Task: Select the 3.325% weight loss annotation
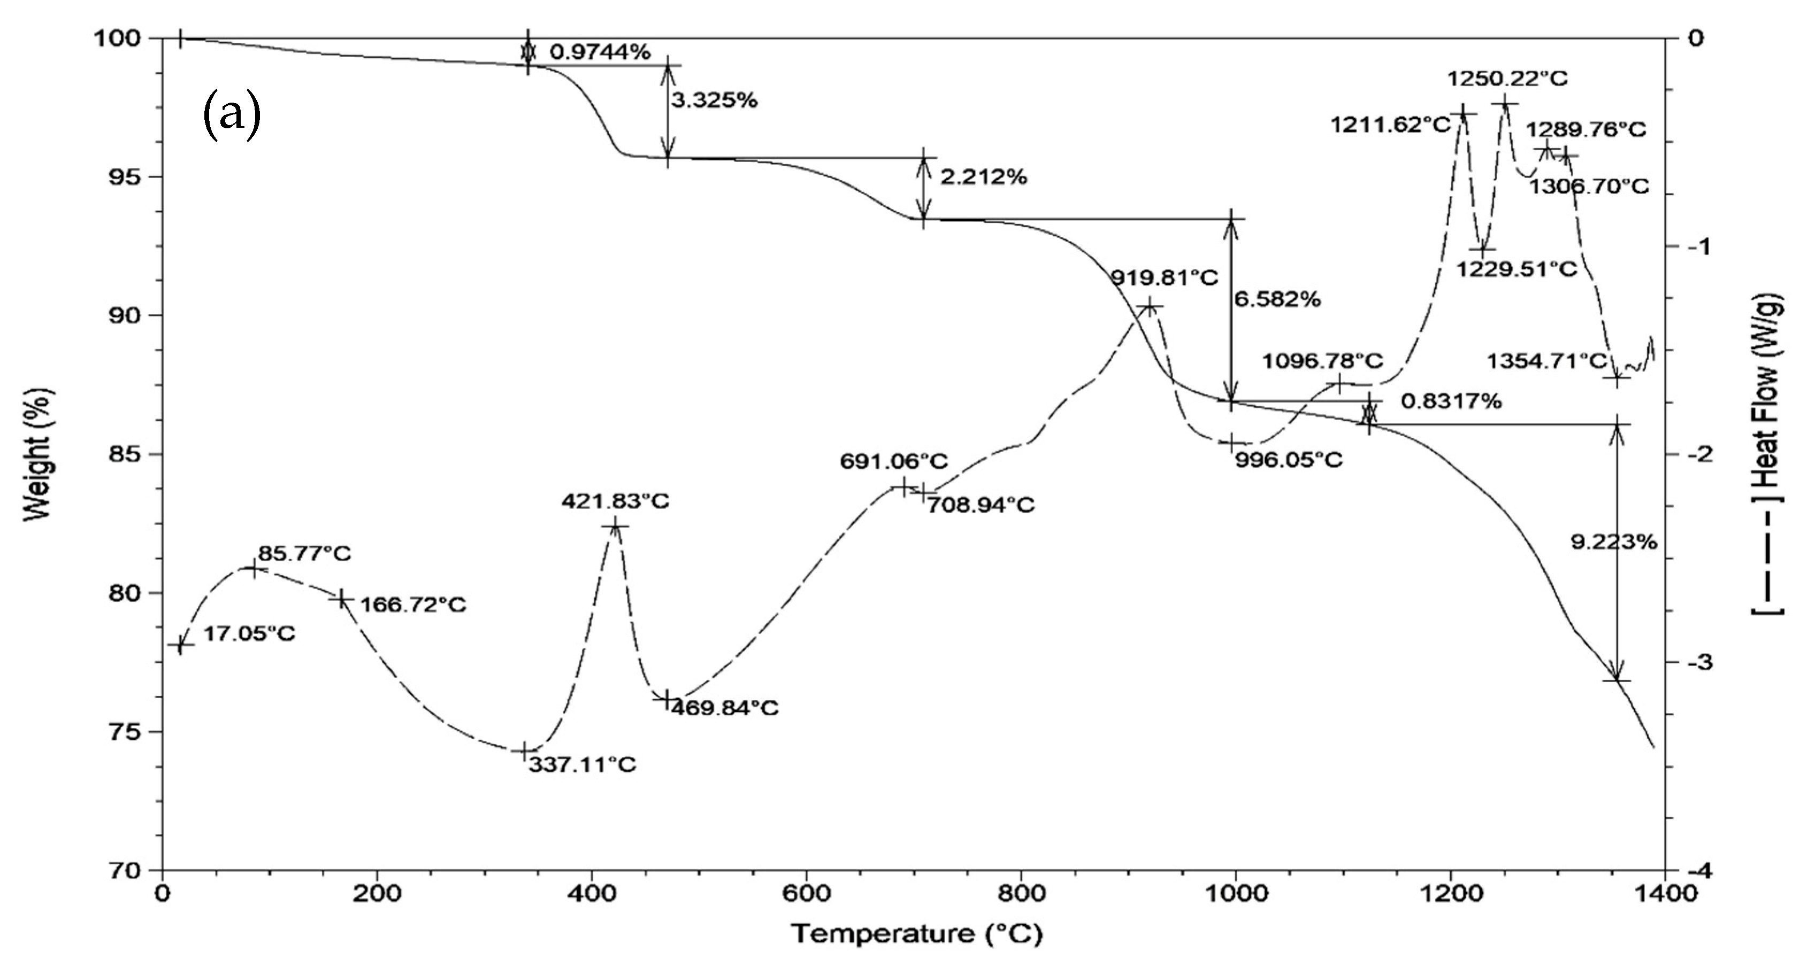[714, 100]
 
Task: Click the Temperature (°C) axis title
[916, 933]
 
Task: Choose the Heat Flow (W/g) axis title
[1768, 454]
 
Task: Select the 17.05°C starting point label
[249, 633]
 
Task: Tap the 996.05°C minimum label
[1289, 460]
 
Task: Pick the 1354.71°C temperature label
[1546, 361]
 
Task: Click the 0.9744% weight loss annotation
[600, 52]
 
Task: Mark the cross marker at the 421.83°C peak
[616, 526]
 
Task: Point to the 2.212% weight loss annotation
[983, 177]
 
